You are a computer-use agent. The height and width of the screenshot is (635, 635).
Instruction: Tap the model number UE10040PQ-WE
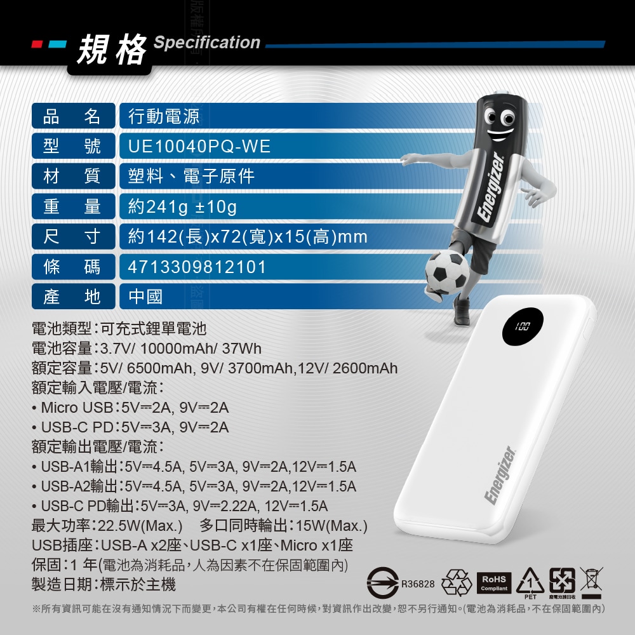[199, 146]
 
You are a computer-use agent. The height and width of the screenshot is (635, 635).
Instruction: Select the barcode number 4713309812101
[197, 267]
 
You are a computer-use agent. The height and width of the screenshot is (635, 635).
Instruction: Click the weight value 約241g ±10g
[182, 206]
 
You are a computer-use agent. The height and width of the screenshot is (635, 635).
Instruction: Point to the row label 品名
[72, 116]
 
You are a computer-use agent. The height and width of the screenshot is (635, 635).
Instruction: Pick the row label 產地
[72, 297]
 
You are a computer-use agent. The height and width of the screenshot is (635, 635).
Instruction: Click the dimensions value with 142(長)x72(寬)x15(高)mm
[248, 236]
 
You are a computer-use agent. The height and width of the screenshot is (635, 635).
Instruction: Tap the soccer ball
[447, 272]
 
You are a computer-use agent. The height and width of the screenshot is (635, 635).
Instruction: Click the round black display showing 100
[523, 326]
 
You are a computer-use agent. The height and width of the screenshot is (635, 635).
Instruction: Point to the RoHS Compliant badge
[494, 583]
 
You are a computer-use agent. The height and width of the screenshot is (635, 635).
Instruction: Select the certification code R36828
[418, 584]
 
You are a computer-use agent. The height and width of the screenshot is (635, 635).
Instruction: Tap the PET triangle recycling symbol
[530, 582]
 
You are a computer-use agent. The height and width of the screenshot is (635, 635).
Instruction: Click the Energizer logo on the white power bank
[500, 476]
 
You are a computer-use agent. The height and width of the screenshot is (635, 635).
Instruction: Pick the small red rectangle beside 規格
[37, 44]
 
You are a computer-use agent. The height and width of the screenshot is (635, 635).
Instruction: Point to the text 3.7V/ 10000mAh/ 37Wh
[180, 348]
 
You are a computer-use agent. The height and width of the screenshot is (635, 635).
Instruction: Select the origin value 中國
[146, 297]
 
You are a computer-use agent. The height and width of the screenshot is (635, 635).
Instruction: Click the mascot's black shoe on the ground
[461, 311]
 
